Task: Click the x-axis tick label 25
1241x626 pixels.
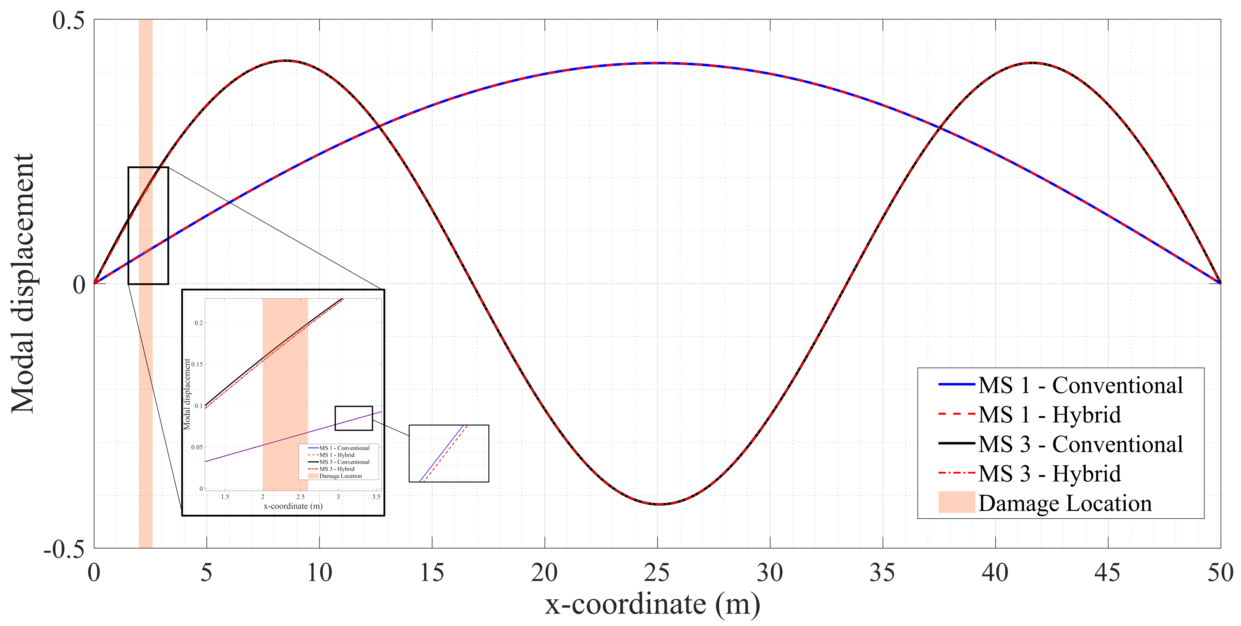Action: tap(657, 573)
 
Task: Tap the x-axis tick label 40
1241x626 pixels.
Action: tap(995, 573)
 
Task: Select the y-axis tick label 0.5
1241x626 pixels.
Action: tap(68, 21)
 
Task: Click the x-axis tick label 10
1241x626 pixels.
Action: tap(319, 573)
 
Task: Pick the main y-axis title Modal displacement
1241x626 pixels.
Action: tap(23, 283)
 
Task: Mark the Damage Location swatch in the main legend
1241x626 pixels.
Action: tap(956, 503)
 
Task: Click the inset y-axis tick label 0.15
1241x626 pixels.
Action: tap(197, 364)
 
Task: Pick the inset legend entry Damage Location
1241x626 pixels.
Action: tap(340, 476)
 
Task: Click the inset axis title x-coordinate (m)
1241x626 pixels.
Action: tap(293, 506)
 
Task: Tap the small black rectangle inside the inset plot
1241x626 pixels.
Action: tap(354, 418)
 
